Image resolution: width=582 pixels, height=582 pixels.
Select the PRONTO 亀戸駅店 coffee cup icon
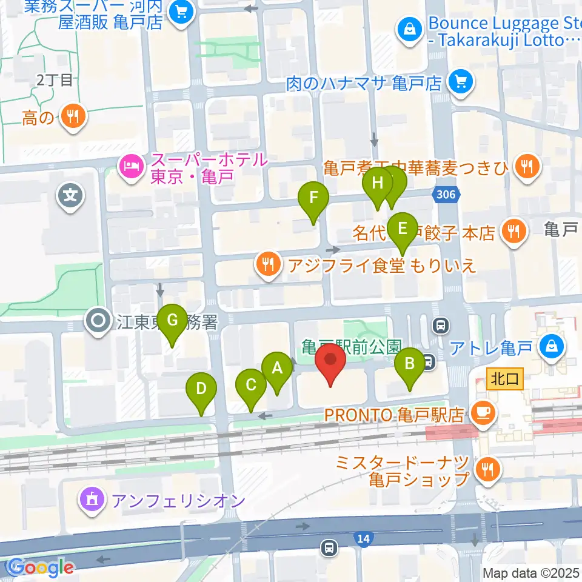click(x=483, y=414)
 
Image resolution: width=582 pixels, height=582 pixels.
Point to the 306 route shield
click(x=446, y=195)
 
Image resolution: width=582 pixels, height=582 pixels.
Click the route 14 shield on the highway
click(x=363, y=538)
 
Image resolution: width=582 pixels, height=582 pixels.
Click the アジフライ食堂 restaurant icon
click(x=267, y=264)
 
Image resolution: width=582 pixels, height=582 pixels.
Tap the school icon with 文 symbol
click(x=70, y=195)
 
